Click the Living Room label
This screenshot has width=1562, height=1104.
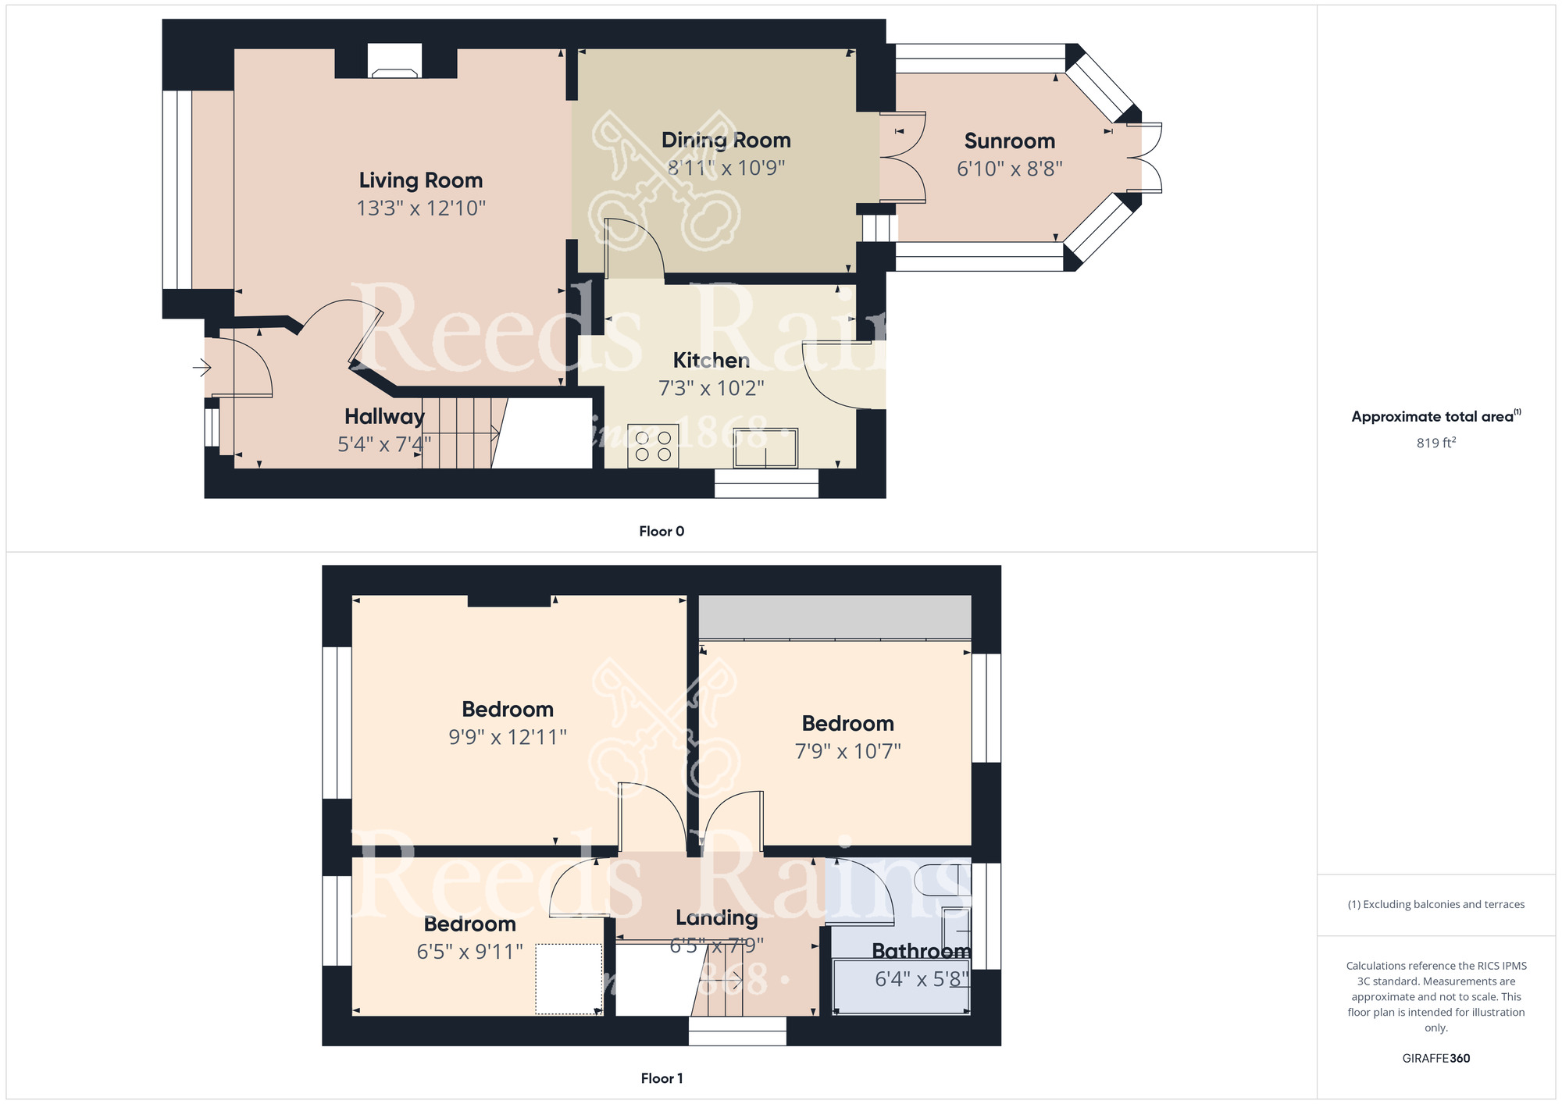(420, 180)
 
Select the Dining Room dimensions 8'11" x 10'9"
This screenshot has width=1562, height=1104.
(726, 168)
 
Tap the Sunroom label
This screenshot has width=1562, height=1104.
(1009, 141)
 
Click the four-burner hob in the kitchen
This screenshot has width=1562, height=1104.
(653, 447)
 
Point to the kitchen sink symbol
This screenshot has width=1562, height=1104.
(765, 448)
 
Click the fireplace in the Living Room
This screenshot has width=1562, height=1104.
(394, 62)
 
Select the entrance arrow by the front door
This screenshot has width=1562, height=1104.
(202, 366)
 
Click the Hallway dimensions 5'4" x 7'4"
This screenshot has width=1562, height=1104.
(383, 444)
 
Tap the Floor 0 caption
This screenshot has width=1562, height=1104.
(661, 532)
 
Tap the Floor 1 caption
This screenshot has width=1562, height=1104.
(661, 1078)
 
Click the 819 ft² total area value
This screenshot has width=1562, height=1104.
(1435, 443)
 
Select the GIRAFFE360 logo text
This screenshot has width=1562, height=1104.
(1435, 1059)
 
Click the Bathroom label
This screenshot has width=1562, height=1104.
(921, 951)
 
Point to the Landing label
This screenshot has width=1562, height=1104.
(716, 918)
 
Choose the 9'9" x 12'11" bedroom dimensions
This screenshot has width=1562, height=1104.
(507, 737)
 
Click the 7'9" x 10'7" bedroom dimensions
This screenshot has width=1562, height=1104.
(847, 751)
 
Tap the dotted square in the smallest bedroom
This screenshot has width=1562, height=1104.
(569, 979)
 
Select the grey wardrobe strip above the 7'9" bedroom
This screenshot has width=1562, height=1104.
(834, 617)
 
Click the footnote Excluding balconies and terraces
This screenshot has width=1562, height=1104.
(1435, 905)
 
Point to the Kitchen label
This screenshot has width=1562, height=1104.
(711, 361)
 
